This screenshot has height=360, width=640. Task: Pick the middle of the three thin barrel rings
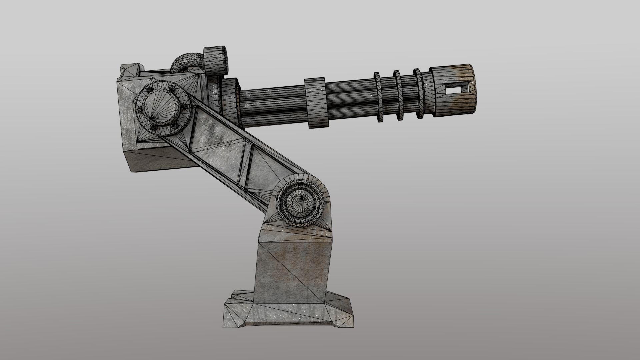(398, 96)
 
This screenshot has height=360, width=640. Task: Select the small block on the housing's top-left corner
(131, 71)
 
